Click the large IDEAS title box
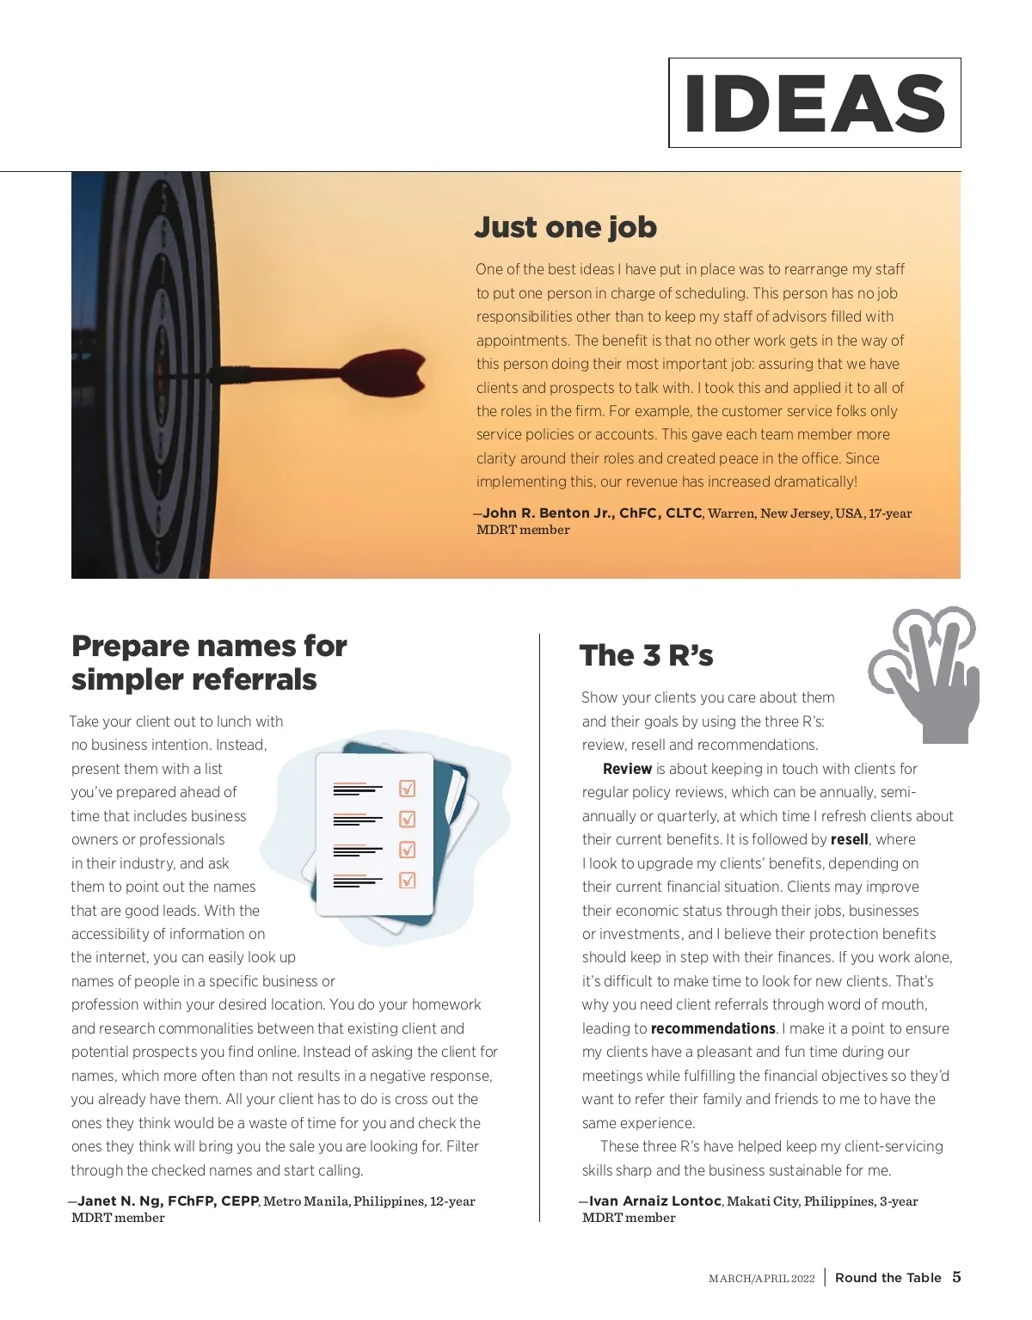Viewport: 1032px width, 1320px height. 814,103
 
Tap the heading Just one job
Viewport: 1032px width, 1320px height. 565,227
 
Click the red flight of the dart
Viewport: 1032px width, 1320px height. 383,371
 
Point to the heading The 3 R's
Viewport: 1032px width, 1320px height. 646,655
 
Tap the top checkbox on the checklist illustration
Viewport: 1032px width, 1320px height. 408,789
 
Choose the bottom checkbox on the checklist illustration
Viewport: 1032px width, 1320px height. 408,880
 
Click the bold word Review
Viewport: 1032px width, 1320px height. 627,769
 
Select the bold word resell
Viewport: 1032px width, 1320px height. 849,839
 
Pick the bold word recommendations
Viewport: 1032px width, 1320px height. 713,1028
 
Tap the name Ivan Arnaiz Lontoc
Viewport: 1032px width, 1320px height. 655,1201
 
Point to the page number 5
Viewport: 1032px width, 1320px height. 956,1277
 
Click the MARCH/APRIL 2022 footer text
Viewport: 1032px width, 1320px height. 761,1279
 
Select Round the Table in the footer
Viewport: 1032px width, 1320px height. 888,1278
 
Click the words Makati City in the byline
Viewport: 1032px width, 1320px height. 762,1201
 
